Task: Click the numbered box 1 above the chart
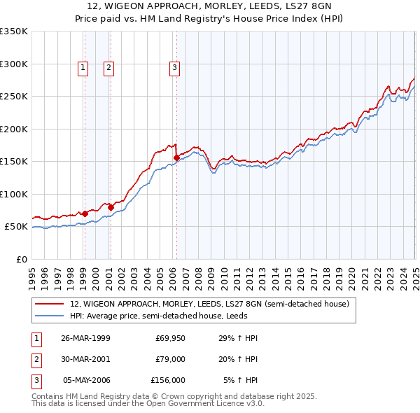coord(83,68)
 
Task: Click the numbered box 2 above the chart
coord(109,68)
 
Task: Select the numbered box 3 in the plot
coord(174,68)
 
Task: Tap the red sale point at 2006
coord(176,157)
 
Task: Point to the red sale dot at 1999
coord(85,213)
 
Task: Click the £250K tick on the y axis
coord(14,97)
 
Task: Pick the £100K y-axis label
coord(14,194)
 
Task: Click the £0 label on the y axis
coord(21,259)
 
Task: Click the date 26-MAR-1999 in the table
coord(85,338)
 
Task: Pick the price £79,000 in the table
coord(170,359)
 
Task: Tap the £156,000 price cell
coord(168,380)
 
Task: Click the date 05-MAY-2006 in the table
coord(87,380)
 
